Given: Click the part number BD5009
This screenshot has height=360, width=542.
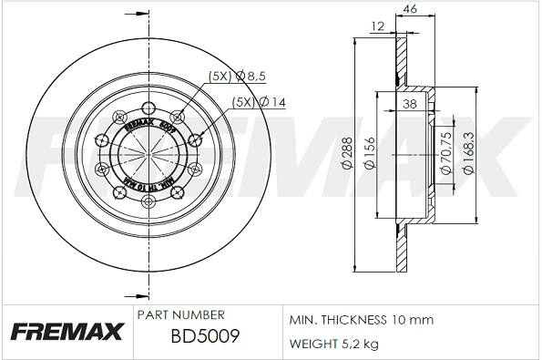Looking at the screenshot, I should pyautogui.click(x=205, y=338).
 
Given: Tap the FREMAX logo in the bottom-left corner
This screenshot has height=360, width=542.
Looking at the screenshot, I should pyautogui.click(x=65, y=332).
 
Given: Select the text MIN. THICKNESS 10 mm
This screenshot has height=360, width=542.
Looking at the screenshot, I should pyautogui.click(x=361, y=321).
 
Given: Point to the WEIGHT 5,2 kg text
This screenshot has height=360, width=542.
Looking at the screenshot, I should pyautogui.click(x=333, y=344).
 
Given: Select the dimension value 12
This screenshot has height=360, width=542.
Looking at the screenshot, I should pyautogui.click(x=376, y=26).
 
